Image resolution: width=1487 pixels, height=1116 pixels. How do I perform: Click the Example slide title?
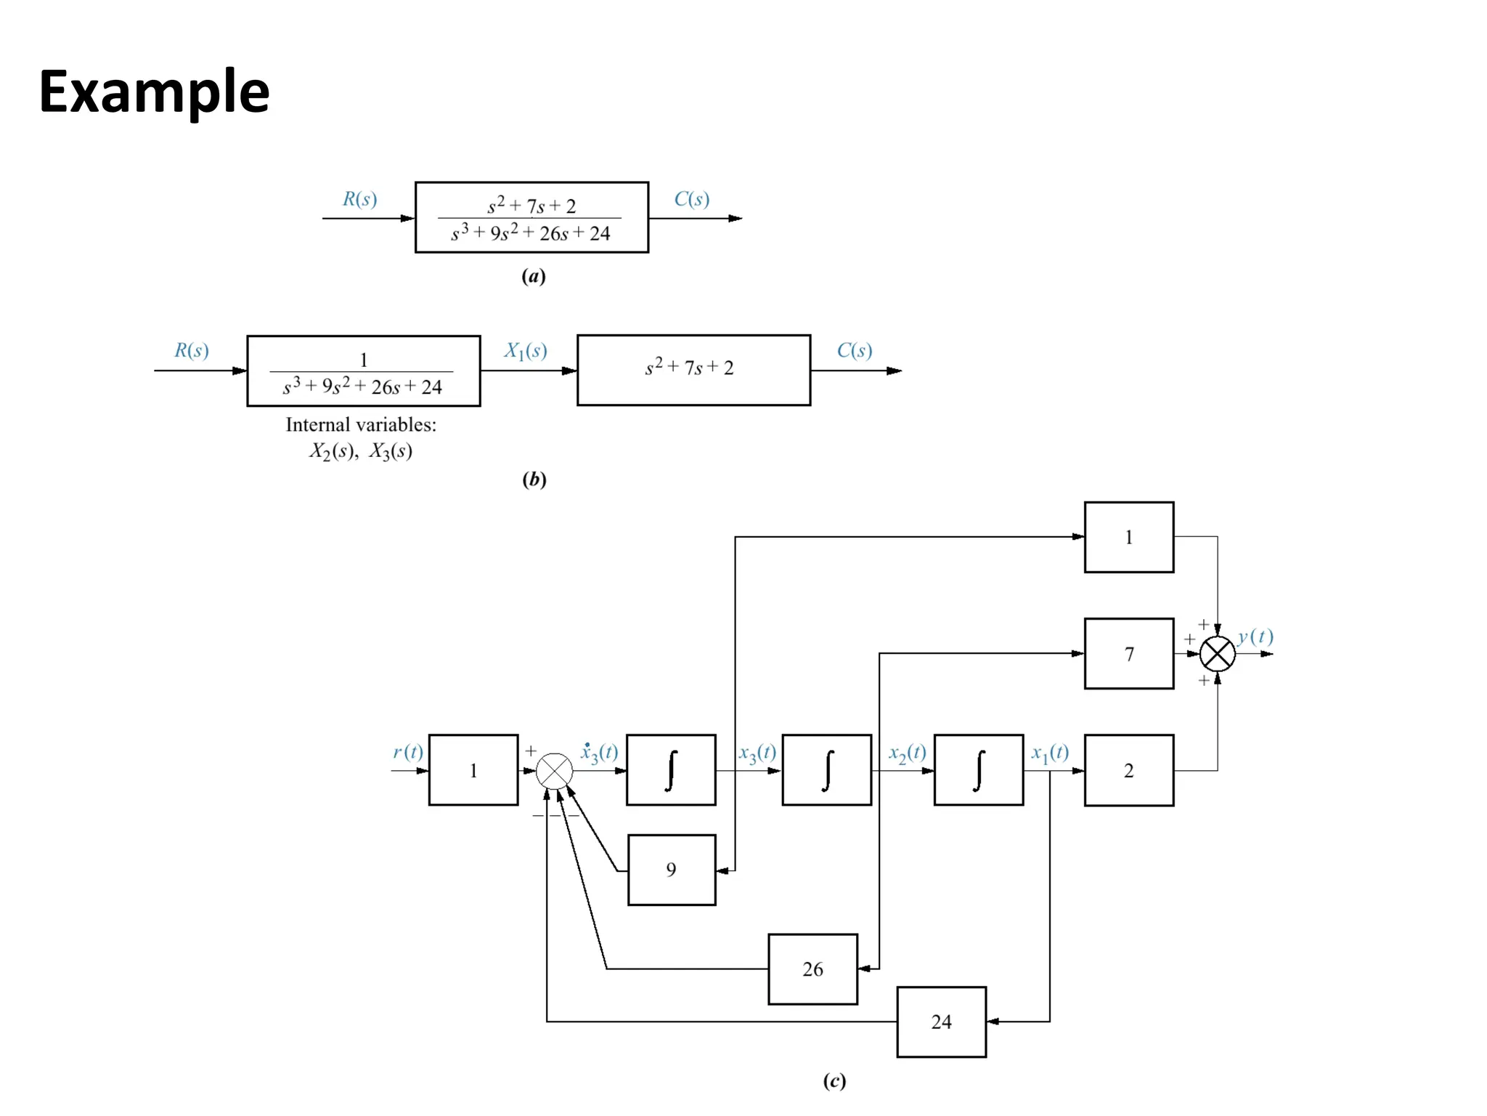(154, 92)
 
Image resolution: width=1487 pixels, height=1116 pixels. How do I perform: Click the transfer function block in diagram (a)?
(531, 217)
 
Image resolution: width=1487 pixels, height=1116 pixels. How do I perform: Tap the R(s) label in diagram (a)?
(359, 199)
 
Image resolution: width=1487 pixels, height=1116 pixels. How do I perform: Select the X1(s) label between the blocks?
(526, 352)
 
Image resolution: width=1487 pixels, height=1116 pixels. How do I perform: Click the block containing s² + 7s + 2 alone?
(693, 370)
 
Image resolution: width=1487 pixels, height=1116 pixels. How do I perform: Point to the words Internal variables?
(361, 425)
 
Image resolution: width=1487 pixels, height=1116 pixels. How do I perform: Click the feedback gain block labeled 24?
(941, 1022)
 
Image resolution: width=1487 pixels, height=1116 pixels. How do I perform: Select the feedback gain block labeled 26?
(812, 969)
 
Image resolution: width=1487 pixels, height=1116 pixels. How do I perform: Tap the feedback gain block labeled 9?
(671, 870)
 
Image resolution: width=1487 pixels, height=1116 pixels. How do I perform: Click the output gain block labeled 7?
(1128, 654)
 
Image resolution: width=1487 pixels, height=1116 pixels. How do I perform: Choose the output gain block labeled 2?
(1128, 770)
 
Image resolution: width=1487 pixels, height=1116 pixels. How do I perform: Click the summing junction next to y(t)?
(1217, 654)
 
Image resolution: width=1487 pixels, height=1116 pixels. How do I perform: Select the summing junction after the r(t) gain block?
(554, 771)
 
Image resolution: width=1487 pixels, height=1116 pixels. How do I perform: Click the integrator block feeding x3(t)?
(670, 770)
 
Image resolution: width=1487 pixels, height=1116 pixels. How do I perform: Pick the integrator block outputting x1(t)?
(978, 770)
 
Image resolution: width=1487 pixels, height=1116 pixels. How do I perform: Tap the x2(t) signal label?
(907, 753)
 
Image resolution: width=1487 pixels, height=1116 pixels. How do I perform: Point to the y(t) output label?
(1255, 637)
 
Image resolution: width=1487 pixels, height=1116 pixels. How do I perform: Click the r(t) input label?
(407, 752)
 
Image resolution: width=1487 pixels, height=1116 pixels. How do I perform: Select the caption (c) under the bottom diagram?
(834, 1081)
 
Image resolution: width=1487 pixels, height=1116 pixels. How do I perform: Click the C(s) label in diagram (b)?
(854, 351)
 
